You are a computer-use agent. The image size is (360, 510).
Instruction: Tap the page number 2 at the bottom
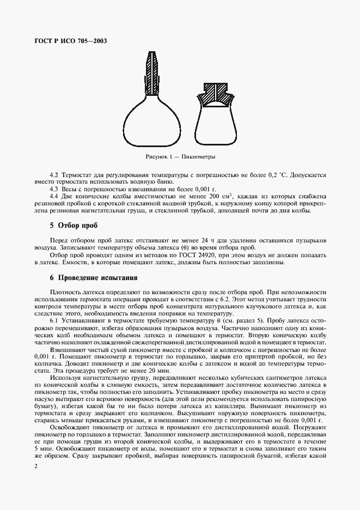pyautogui.click(x=35, y=466)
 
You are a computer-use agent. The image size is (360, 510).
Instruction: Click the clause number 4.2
pyautogui.click(x=54, y=175)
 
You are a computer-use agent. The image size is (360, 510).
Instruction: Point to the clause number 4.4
pyautogui.click(x=54, y=196)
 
